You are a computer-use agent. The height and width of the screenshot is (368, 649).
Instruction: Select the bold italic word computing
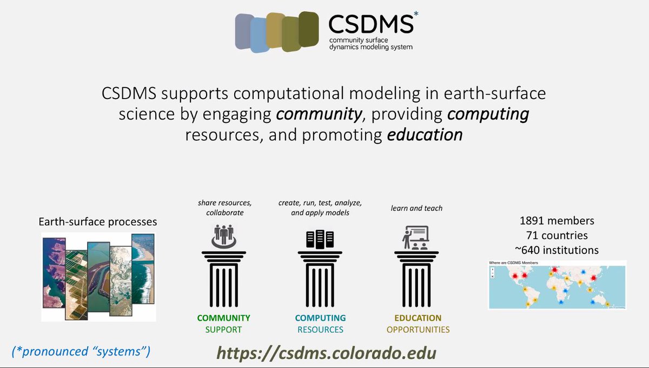click(489, 114)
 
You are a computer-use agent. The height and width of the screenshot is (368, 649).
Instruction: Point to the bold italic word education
click(425, 135)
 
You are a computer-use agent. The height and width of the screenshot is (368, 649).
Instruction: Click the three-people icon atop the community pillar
click(223, 234)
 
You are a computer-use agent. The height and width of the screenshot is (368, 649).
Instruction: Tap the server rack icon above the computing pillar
click(320, 238)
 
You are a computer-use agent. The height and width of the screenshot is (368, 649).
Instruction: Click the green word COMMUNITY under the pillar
click(223, 318)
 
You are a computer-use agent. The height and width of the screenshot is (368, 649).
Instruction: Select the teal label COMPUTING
click(320, 318)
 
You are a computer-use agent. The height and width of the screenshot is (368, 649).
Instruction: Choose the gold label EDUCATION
click(418, 318)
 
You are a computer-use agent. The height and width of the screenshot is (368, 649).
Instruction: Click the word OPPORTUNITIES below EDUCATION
click(418, 330)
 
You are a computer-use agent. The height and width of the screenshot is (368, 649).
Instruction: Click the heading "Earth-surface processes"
click(97, 222)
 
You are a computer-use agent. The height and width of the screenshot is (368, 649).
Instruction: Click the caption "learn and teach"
click(416, 208)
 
